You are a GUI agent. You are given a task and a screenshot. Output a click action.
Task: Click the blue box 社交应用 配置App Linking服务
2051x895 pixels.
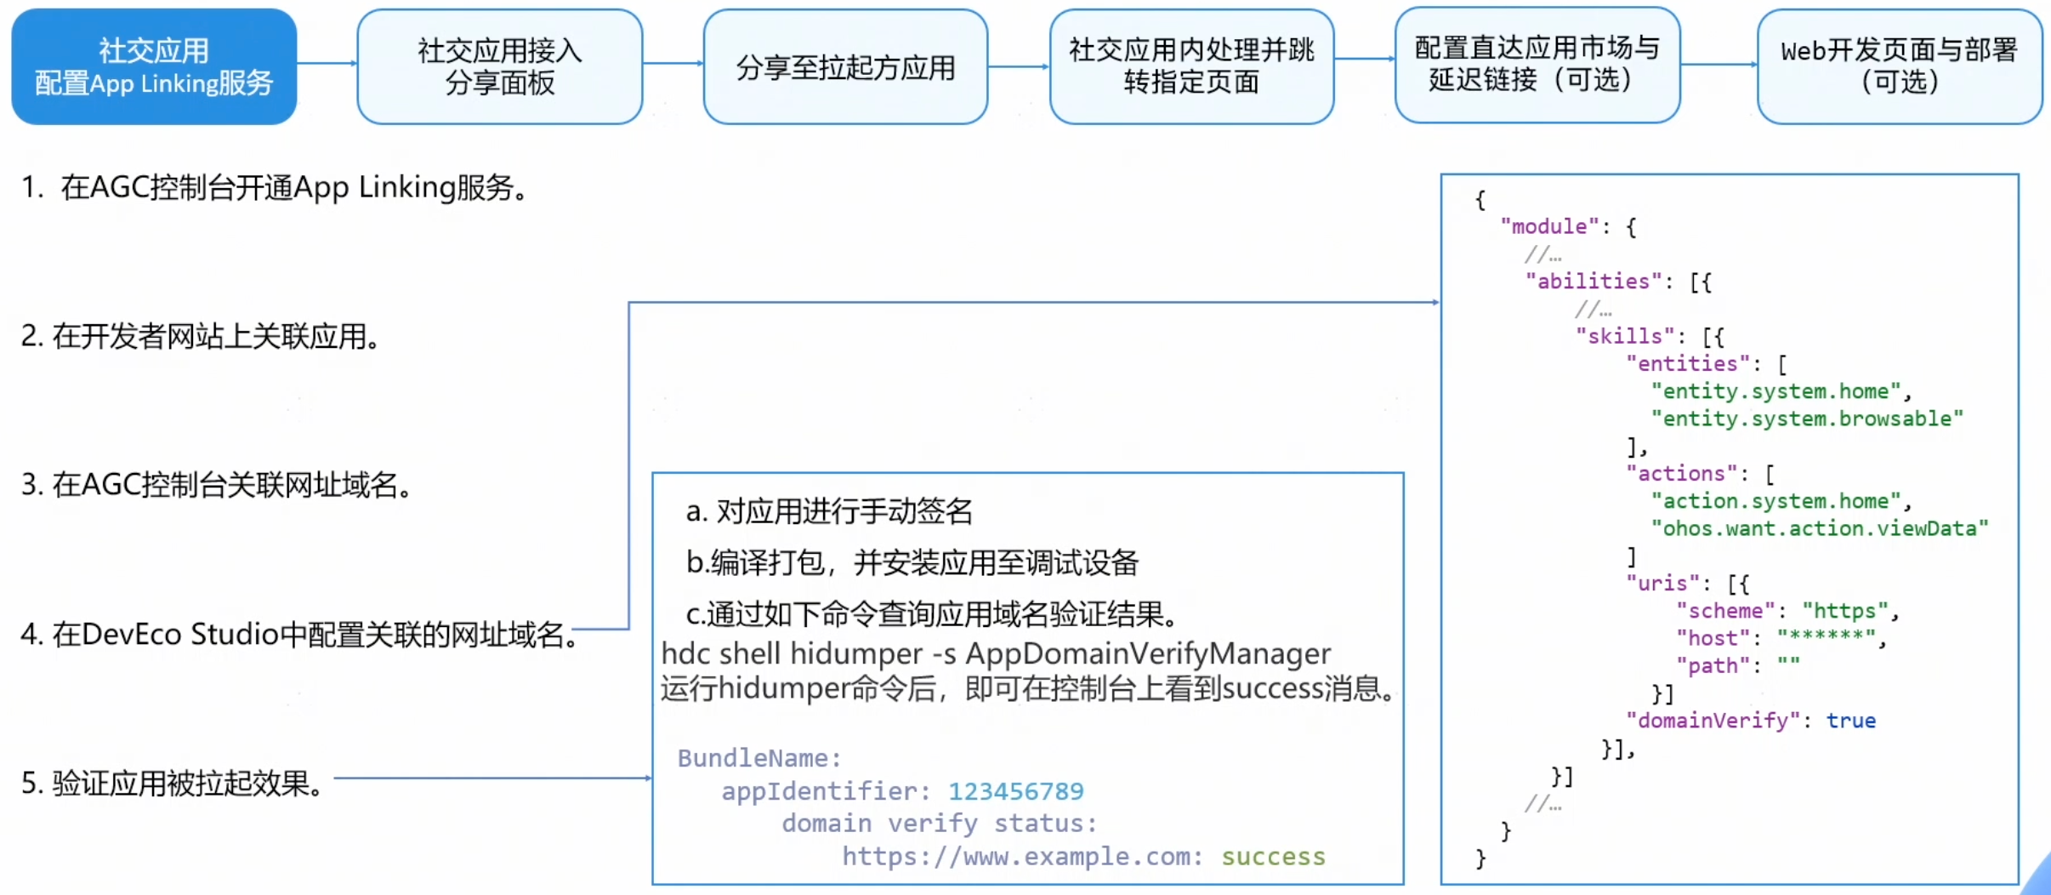tap(154, 66)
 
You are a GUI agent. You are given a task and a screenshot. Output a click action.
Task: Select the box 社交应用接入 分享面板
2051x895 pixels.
tap(499, 66)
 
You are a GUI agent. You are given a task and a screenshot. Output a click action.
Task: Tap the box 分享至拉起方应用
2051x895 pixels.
tap(845, 66)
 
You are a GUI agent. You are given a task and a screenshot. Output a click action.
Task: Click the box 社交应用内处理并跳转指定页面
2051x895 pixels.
tap(1191, 66)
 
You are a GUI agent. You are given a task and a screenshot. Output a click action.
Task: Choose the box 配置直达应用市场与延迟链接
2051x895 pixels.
tap(1537, 65)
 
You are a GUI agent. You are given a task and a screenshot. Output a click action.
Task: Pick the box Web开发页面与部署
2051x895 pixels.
tap(1899, 66)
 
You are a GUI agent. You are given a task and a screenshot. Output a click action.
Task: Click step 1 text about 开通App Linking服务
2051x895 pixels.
tap(276, 187)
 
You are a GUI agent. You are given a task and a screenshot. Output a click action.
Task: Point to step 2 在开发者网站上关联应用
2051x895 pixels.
tap(201, 337)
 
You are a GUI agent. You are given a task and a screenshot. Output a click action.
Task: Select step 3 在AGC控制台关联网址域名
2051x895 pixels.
tap(217, 485)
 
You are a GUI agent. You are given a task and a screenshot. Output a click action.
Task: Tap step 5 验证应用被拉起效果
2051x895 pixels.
tap(173, 783)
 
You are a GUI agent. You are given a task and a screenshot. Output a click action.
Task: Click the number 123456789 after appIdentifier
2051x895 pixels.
tap(1016, 791)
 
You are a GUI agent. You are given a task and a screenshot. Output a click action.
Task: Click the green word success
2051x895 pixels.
tap(1273, 857)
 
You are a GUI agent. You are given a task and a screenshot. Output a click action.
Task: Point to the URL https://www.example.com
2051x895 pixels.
tap(1021, 857)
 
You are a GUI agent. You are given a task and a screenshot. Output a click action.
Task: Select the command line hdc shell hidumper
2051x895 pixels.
tap(996, 653)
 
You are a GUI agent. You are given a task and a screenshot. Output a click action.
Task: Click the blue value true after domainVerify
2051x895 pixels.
tap(1850, 721)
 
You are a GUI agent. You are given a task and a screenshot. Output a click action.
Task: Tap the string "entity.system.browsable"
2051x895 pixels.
tap(1807, 419)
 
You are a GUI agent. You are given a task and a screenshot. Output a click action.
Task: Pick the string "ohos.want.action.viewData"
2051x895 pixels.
tap(1820, 528)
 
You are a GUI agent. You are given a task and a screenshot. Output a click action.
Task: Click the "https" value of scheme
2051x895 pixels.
tap(1844, 611)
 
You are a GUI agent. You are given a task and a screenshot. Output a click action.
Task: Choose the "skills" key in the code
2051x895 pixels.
tap(1625, 336)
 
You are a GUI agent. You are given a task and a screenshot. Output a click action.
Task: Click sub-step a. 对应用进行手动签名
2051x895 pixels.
tap(829, 511)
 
